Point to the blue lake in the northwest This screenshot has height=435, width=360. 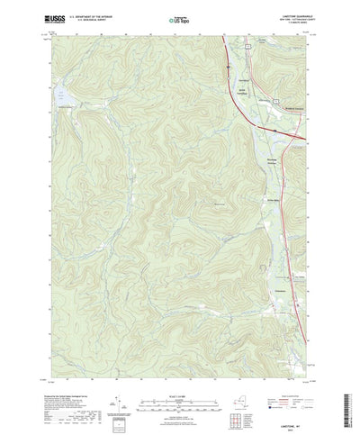pos(62,95)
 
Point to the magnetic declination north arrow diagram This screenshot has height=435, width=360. pos(127,393)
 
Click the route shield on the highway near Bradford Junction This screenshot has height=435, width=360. pos(272,131)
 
